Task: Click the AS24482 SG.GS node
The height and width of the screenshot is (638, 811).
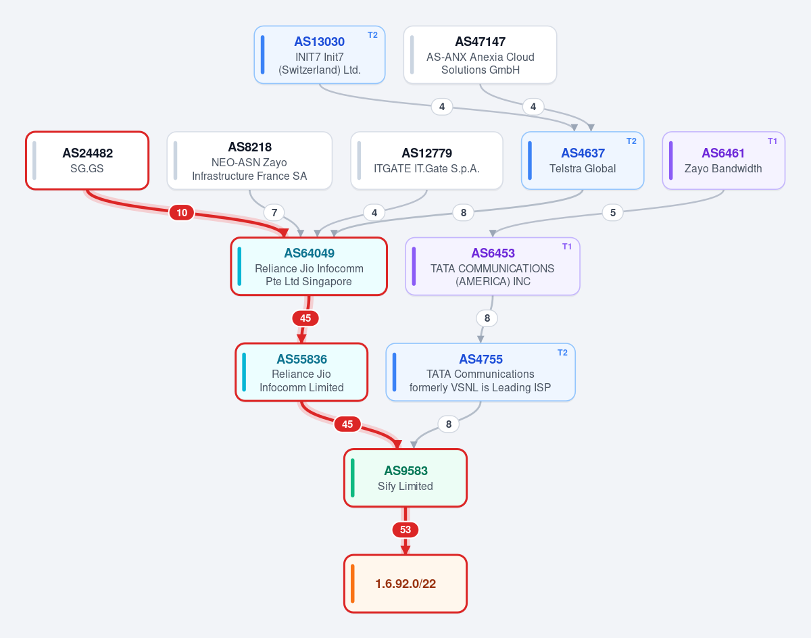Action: click(87, 161)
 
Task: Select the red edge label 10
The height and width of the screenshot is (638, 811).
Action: click(182, 212)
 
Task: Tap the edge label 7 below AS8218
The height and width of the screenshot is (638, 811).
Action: click(274, 212)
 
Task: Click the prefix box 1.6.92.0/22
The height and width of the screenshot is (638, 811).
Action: click(405, 583)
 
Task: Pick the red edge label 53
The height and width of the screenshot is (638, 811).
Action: click(405, 529)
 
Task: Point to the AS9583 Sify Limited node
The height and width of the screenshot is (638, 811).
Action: click(405, 478)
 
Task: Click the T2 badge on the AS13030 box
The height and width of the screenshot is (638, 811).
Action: click(372, 35)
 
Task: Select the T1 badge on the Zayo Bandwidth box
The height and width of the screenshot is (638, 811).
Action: click(772, 141)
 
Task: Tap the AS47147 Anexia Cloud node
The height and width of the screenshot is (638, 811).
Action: click(480, 55)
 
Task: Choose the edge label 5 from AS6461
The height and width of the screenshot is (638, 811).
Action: click(613, 212)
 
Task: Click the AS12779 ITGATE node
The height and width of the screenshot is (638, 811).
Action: click(426, 161)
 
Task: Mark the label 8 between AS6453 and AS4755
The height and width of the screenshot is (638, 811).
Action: click(487, 318)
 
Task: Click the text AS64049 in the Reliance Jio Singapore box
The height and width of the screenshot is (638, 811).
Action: click(309, 253)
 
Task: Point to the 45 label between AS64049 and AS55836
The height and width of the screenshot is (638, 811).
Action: click(305, 318)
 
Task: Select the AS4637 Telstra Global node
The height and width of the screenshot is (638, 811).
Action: click(583, 161)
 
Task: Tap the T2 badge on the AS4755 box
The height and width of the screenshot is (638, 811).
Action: click(562, 352)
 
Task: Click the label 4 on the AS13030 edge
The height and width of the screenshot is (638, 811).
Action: click(442, 107)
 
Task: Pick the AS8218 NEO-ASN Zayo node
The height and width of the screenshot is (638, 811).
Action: click(249, 161)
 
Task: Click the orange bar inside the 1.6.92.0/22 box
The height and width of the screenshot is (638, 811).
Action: click(352, 583)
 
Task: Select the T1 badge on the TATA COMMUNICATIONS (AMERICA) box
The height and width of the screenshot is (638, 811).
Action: click(567, 247)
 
